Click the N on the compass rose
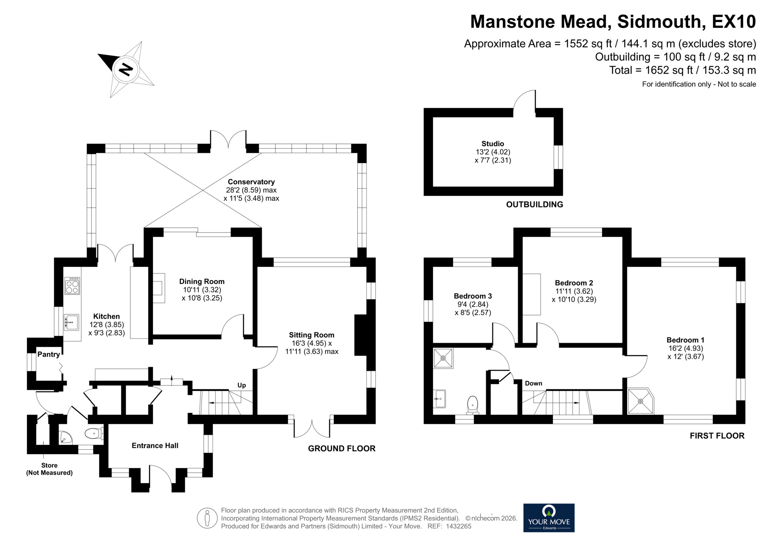125,69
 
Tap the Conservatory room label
251,182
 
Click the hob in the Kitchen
72,286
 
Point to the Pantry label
48,354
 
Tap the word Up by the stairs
241,385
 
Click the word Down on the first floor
533,383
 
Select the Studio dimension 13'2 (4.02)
493,152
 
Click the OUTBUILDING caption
534,205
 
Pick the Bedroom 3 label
473,296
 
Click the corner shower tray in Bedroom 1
640,401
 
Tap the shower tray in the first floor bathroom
443,358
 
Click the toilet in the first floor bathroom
473,405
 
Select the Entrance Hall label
155,446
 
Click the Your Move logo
549,518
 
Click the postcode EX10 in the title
734,22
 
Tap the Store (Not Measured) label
49,469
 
